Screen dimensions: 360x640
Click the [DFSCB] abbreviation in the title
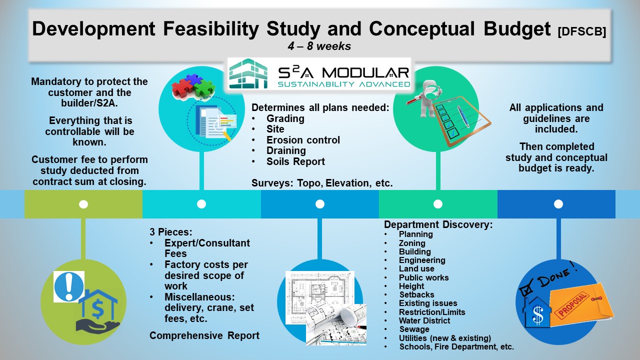pos(581,31)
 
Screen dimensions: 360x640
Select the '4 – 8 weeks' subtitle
pos(320,46)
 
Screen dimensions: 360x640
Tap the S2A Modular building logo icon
pos(248,74)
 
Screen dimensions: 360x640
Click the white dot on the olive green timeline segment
pos(83,204)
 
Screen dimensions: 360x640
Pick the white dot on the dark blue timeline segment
pos(558,204)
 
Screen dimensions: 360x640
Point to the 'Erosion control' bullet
pos(303,140)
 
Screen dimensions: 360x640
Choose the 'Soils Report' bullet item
pos(295,161)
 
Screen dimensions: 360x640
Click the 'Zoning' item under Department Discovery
pos(412,243)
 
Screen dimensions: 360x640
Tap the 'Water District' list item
pos(424,320)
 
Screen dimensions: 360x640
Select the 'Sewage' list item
pos(414,329)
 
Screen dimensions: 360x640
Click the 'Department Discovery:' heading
pos(438,225)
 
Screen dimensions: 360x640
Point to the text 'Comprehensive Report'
pos(204,335)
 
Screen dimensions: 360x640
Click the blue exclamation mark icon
pos(68,286)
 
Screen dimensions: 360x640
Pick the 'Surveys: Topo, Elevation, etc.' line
pos(321,183)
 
